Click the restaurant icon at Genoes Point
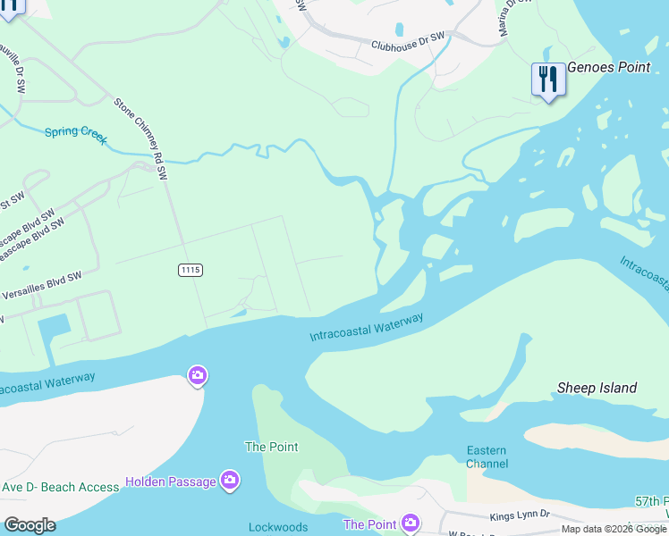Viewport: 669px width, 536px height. click(x=548, y=80)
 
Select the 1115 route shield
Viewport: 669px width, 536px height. click(x=190, y=270)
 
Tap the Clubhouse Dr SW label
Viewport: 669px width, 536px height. click(x=408, y=41)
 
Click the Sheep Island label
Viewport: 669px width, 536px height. click(x=597, y=388)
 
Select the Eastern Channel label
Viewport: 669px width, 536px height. click(x=487, y=456)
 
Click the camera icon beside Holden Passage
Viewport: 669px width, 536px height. click(x=230, y=482)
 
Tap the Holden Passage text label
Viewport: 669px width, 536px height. click(x=170, y=482)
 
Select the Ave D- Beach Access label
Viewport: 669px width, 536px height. click(x=60, y=487)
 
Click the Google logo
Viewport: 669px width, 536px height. click(x=30, y=524)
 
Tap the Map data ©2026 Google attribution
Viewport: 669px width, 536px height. click(x=613, y=529)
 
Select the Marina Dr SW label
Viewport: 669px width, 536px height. click(x=515, y=18)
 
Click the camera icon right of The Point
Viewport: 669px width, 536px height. click(x=410, y=523)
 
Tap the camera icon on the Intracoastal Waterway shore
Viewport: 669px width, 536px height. click(x=198, y=375)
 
